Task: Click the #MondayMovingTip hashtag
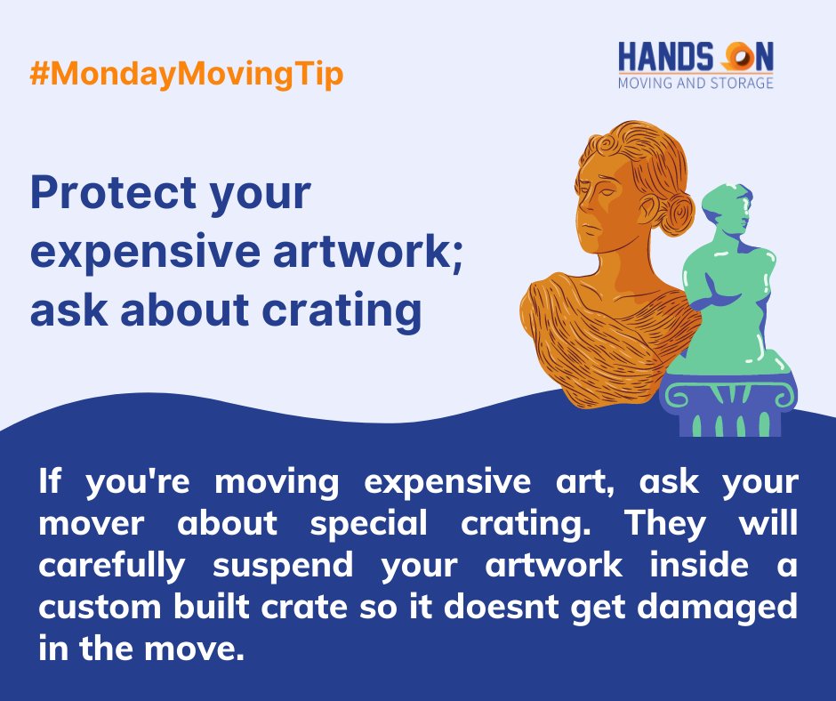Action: (186, 76)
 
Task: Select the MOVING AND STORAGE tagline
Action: (695, 83)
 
